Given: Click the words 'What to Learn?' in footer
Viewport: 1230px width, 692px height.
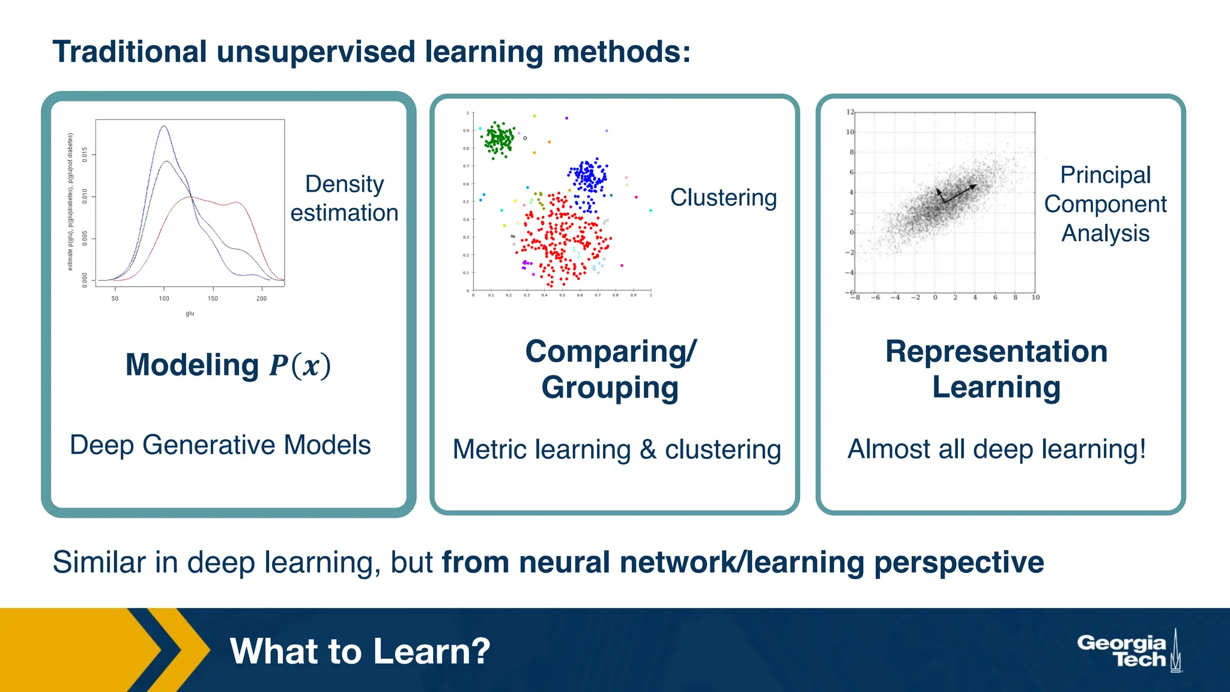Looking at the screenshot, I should tap(360, 651).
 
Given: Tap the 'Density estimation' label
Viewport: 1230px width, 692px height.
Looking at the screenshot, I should tap(344, 198).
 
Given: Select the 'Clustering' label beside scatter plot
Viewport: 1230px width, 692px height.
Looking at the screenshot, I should tap(723, 198).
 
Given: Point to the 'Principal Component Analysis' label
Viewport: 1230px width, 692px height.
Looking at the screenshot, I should tap(1104, 204).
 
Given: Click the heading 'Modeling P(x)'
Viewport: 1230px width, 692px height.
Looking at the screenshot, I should tap(228, 365).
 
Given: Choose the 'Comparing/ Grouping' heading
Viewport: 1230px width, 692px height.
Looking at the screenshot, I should tap(610, 369).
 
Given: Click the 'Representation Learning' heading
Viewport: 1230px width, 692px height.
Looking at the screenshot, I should tap(996, 369).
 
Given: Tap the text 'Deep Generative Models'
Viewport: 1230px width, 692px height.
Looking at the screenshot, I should tap(220, 445).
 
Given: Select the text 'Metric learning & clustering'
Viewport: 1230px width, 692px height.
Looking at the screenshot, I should tap(616, 449).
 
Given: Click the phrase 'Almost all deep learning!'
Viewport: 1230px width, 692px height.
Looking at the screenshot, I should tap(996, 449).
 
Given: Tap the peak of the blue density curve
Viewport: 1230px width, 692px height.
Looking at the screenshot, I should tap(164, 126).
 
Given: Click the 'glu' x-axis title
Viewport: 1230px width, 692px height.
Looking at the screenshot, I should tap(190, 314).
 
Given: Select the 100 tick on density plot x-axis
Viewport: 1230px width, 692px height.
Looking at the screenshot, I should tap(164, 299).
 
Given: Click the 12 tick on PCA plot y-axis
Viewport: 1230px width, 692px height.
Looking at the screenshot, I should tap(850, 112).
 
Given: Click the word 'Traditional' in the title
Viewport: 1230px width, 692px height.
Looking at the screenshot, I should tap(130, 52).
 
